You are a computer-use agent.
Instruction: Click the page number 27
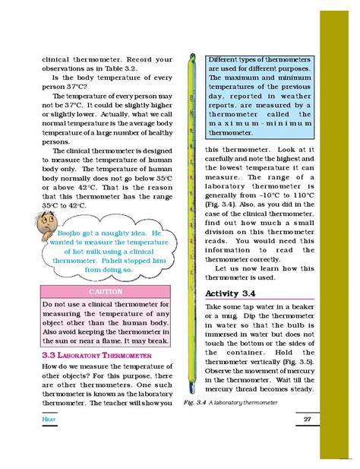click(308, 420)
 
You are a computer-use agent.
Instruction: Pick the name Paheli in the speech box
click(141, 259)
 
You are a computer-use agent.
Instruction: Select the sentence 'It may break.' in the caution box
click(149, 341)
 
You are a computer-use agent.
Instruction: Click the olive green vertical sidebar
click(339, 228)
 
